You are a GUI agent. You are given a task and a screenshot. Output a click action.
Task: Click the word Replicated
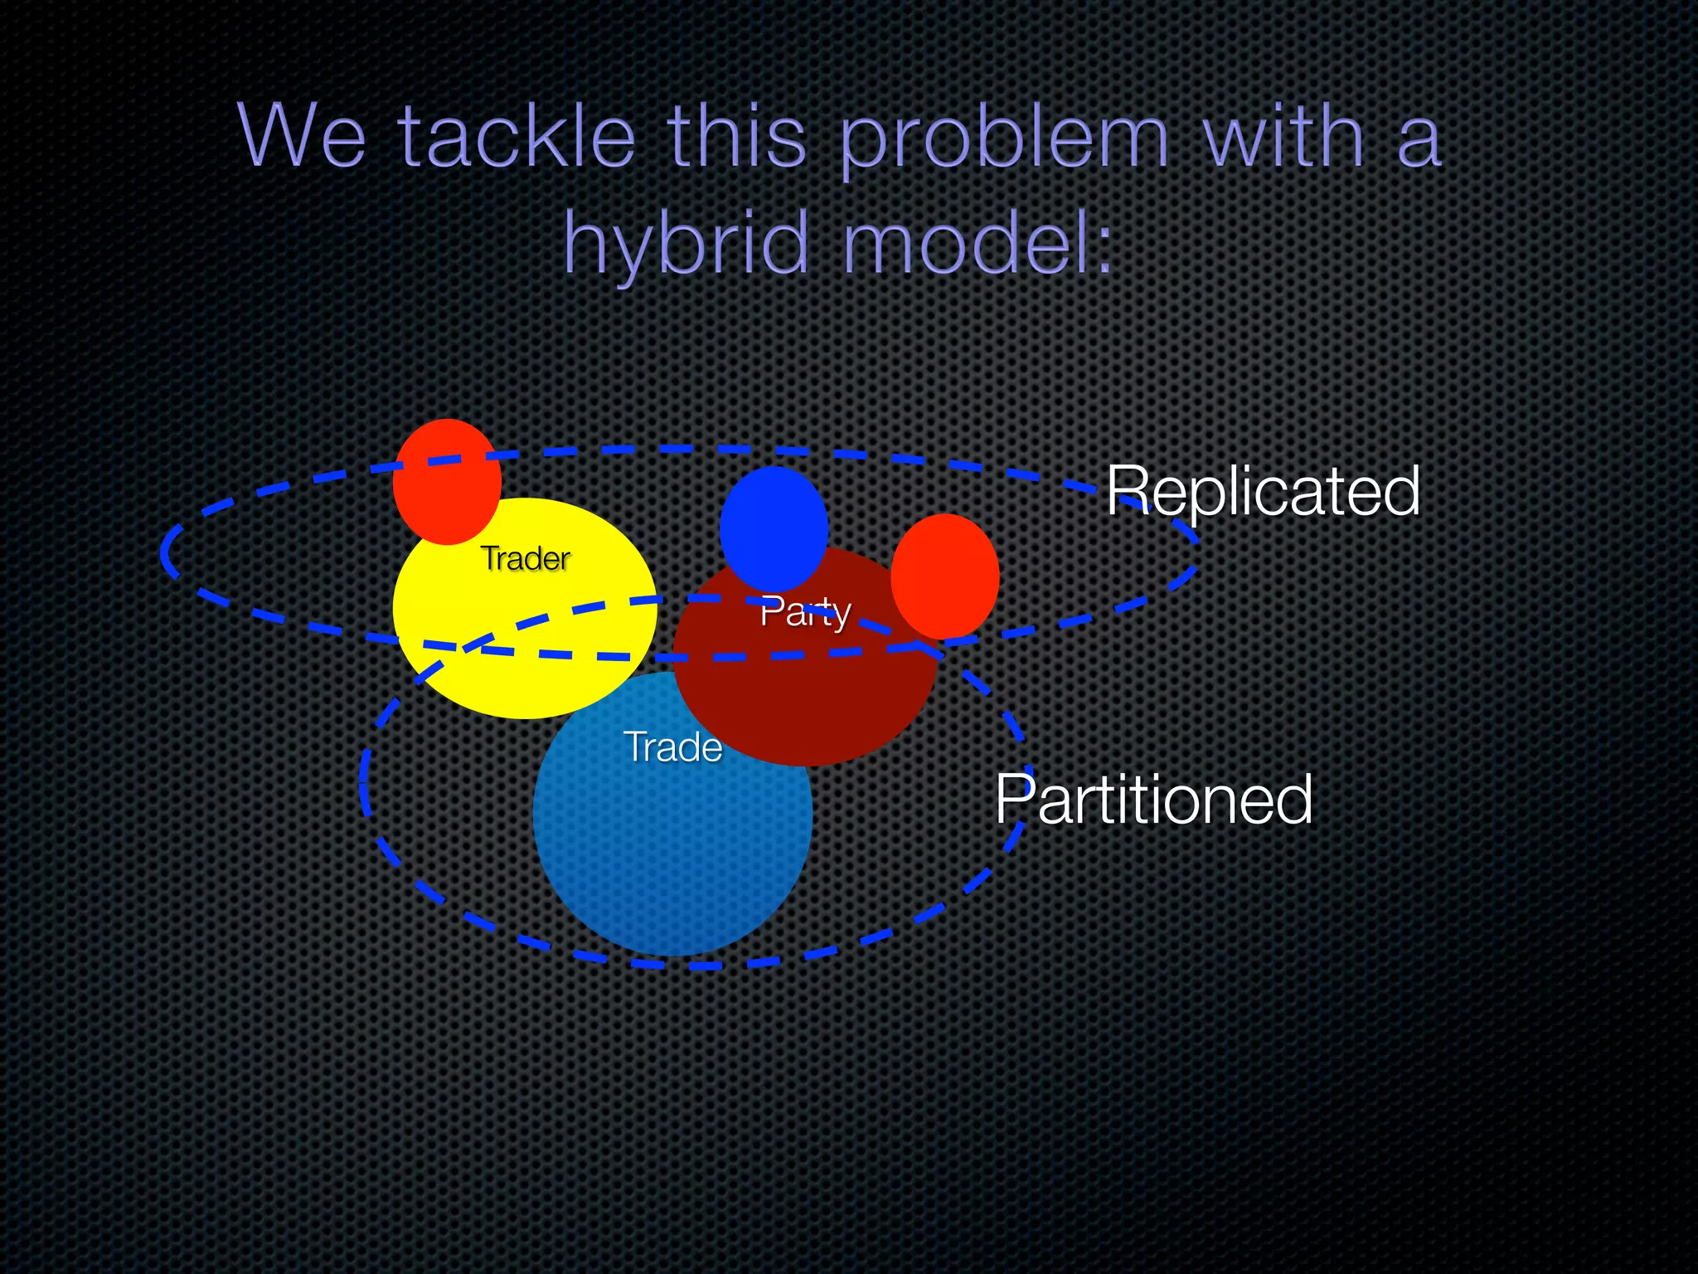tap(1263, 491)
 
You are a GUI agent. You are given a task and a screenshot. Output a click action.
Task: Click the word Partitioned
tap(1153, 800)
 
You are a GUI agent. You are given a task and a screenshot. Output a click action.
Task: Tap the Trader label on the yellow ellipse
tap(525, 559)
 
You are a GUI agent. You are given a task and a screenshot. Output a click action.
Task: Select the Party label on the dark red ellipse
tap(805, 612)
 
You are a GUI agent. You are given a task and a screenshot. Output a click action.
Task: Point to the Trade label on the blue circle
tap(672, 747)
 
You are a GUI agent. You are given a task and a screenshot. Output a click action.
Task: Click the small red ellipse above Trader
tap(447, 482)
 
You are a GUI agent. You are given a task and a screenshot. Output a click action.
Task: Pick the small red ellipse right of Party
tap(944, 576)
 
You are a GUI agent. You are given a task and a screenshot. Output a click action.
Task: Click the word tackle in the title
tap(517, 137)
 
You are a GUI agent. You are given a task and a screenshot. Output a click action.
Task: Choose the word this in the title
tap(736, 137)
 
